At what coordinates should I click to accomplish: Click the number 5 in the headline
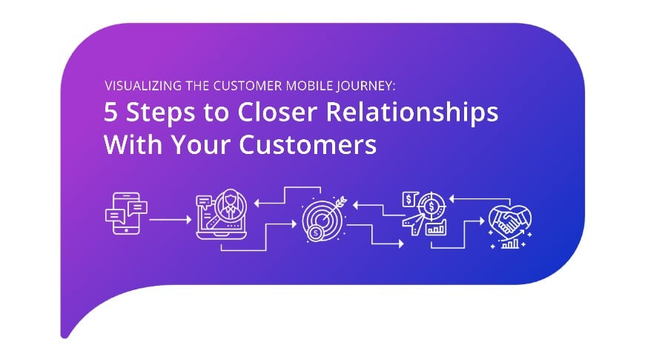point(110,113)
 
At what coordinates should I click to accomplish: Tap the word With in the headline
point(128,144)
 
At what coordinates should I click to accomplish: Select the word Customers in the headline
point(304,144)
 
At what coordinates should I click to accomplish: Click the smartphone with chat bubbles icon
point(125,214)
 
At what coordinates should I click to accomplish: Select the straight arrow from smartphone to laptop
point(171,219)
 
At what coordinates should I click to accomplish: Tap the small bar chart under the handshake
point(510,243)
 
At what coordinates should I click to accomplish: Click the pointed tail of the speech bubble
point(65,332)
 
